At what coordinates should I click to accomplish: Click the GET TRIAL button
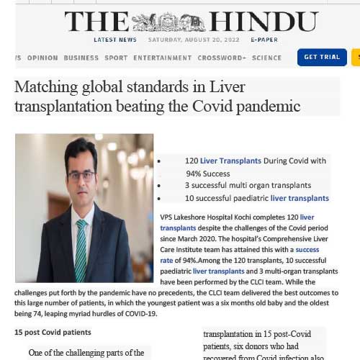pos(322,57)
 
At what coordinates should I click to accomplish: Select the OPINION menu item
pos(42,58)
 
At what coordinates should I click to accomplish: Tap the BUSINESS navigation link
pos(81,58)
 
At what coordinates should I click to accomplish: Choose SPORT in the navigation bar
pos(116,58)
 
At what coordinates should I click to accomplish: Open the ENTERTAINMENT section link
pos(163,58)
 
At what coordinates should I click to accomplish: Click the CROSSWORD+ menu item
pos(222,58)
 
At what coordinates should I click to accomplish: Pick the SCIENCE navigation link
pos(267,58)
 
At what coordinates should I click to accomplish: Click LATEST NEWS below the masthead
pos(114,40)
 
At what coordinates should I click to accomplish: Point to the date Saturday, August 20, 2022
pos(192,40)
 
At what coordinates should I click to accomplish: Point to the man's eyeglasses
pos(81,175)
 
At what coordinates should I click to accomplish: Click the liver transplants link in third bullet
pos(300,198)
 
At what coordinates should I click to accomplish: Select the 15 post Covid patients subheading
pos(53,332)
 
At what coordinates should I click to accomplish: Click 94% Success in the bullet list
pos(208,174)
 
